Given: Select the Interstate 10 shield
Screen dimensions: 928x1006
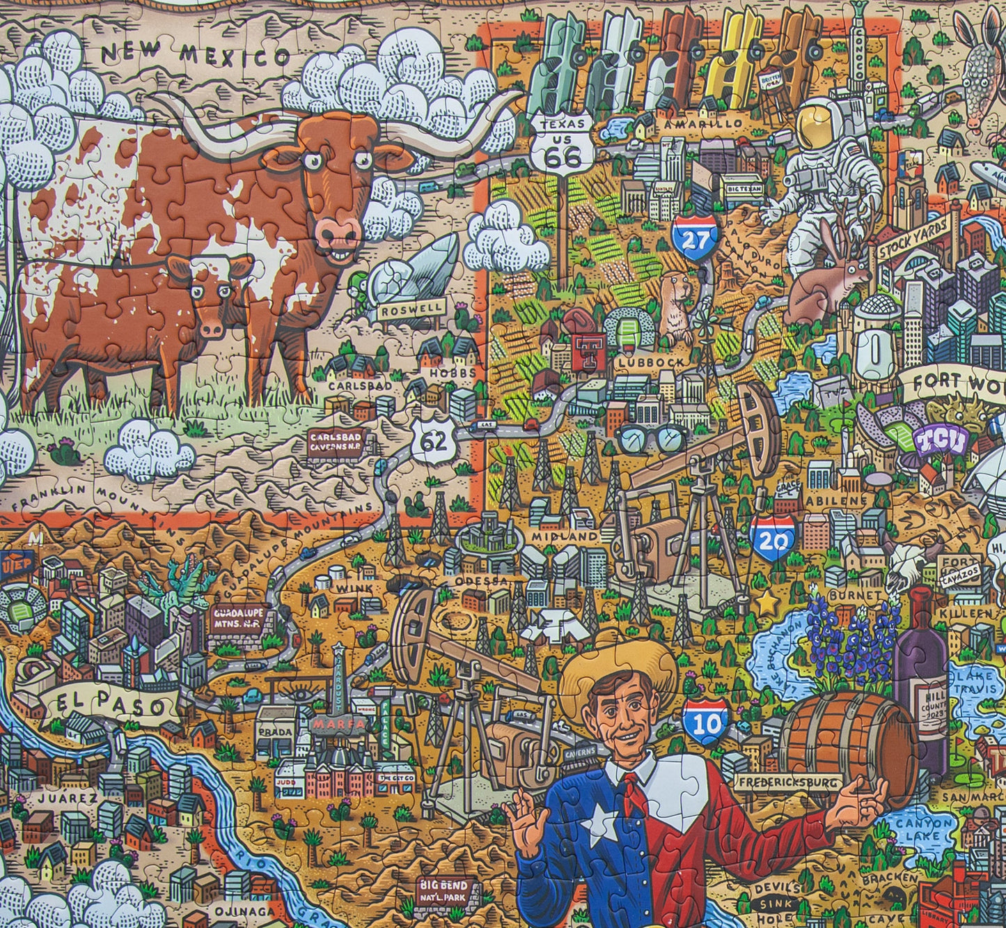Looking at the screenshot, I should coord(705,720).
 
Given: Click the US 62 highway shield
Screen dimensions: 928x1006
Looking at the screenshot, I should coord(432,439).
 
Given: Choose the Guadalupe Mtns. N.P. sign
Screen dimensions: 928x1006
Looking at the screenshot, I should coord(237,619).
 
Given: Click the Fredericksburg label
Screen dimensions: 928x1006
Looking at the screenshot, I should coord(788,782).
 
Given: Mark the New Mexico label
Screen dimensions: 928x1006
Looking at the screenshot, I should coord(194,54).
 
